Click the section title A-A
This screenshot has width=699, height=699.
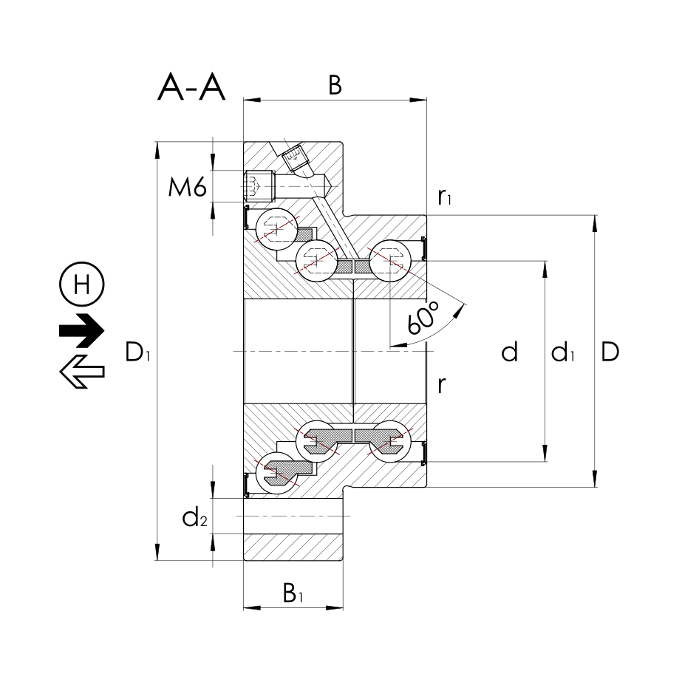[x=191, y=88]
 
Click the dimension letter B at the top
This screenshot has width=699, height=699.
[x=335, y=86]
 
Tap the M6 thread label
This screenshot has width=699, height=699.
[x=186, y=188]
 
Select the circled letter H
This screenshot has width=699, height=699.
[x=81, y=284]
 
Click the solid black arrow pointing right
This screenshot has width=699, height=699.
[x=82, y=329]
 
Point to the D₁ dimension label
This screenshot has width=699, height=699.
[x=138, y=353]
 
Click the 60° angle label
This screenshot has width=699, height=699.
[x=423, y=319]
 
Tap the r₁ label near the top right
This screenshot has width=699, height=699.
[x=445, y=197]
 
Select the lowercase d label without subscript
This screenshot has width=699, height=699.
[x=509, y=353]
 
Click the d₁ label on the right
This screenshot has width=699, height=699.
[x=564, y=354]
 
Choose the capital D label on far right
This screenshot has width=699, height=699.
[x=610, y=353]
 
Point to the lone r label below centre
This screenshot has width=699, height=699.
[x=441, y=385]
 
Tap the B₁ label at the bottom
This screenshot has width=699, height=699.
[x=293, y=593]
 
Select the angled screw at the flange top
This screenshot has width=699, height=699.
[x=293, y=156]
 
